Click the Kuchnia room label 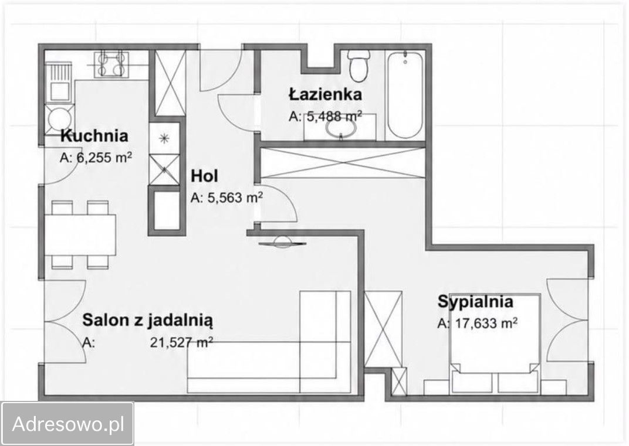point(94,136)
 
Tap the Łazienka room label point(325,94)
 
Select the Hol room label point(205,176)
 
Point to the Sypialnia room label point(475,302)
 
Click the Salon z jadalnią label point(148,320)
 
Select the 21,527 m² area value point(181,343)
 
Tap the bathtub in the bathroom point(405,95)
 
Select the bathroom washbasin point(341,128)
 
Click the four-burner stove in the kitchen point(111,64)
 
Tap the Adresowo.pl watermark point(68,424)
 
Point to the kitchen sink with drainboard point(59,83)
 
